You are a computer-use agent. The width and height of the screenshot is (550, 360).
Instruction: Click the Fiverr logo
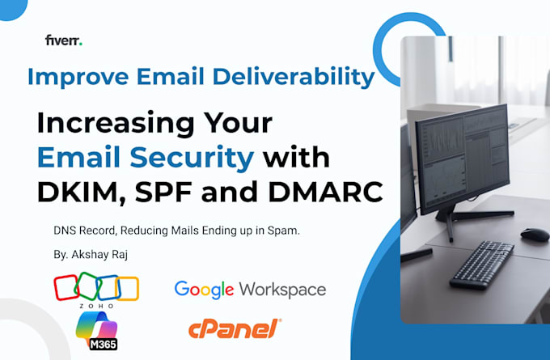63,40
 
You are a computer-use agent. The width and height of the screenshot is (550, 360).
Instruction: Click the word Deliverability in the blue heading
294,77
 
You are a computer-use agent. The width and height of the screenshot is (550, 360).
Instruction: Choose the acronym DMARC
325,192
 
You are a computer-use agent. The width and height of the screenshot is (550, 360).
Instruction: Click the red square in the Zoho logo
66,288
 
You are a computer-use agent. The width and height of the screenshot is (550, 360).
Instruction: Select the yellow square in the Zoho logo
127,289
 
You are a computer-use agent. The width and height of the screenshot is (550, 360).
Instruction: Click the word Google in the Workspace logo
204,290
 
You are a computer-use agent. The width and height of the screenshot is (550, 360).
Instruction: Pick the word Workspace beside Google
283,290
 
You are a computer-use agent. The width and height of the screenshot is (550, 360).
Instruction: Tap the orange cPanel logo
235,328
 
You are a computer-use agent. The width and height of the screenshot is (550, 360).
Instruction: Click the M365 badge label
104,344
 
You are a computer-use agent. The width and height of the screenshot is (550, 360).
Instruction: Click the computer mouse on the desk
535,235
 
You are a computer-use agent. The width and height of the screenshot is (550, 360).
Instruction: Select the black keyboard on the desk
482,264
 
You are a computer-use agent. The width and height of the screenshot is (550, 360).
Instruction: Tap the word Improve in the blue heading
78,77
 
